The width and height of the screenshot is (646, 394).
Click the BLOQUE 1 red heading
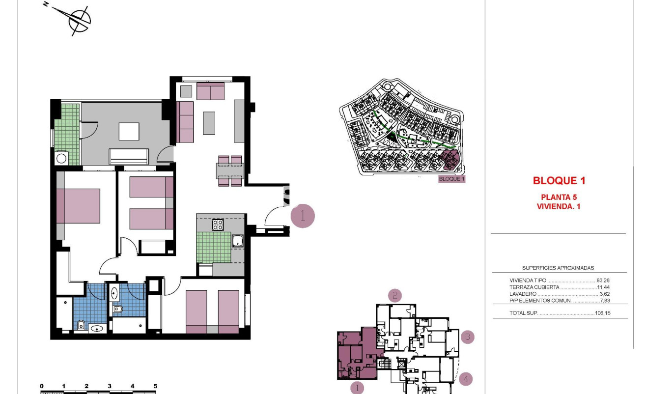point(559,181)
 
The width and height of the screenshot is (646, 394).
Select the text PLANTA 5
point(559,197)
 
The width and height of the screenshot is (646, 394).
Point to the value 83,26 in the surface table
point(603,281)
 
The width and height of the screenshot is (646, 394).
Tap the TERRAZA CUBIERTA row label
point(534,287)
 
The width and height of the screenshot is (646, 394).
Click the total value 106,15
point(602,313)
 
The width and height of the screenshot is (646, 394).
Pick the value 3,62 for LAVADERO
point(604,294)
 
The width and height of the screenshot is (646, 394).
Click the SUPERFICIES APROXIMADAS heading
point(558,268)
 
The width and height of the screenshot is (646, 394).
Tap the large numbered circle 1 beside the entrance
point(303,216)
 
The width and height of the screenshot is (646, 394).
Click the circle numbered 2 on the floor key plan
point(395,295)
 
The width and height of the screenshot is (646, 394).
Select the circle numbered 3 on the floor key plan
point(468,337)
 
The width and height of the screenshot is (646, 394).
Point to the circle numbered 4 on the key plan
point(466,379)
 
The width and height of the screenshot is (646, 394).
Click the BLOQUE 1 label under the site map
point(451,179)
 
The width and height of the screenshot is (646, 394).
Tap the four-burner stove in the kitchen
point(218,225)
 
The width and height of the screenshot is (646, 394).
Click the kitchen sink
point(238,241)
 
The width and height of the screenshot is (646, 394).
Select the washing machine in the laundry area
point(61,158)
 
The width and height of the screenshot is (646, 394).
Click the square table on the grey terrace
point(129,131)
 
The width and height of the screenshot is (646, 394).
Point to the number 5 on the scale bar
point(155,386)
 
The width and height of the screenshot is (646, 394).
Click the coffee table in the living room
point(209,123)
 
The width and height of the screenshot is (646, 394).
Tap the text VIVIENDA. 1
point(559,207)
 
